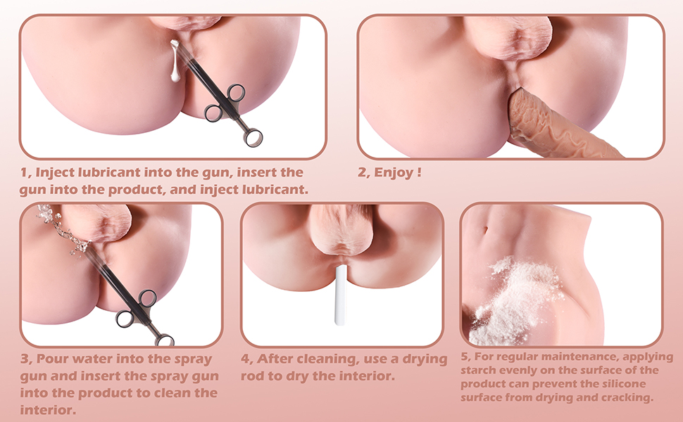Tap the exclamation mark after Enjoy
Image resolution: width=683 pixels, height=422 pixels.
click(x=419, y=172)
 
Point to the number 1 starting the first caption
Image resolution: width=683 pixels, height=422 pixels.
click(x=23, y=172)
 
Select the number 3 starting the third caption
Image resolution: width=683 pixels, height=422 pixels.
click(x=23, y=359)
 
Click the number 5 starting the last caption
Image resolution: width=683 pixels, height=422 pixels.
click(x=464, y=357)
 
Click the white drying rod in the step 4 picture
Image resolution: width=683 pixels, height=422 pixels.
click(x=340, y=295)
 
